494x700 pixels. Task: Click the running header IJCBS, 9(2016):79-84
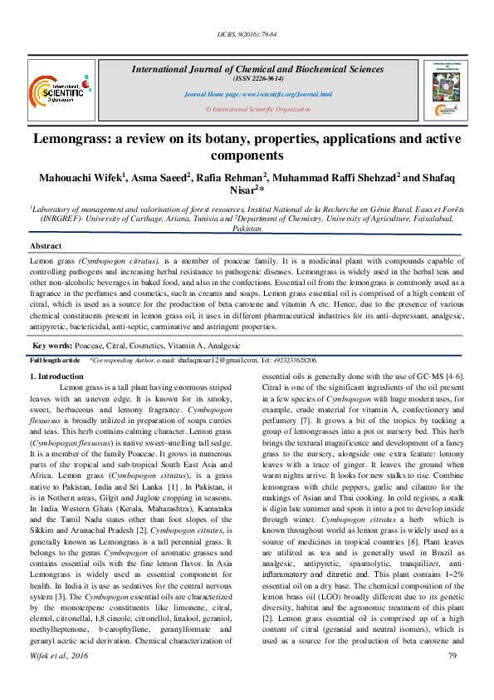(x=247, y=33)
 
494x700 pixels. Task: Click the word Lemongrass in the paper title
(x=76, y=138)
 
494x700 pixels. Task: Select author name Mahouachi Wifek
(x=81, y=177)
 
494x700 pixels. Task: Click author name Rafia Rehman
(x=230, y=177)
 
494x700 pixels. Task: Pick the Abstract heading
(x=46, y=247)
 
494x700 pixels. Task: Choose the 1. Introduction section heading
(x=56, y=377)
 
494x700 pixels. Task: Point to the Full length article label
(x=55, y=360)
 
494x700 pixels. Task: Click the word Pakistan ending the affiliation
(x=247, y=227)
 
